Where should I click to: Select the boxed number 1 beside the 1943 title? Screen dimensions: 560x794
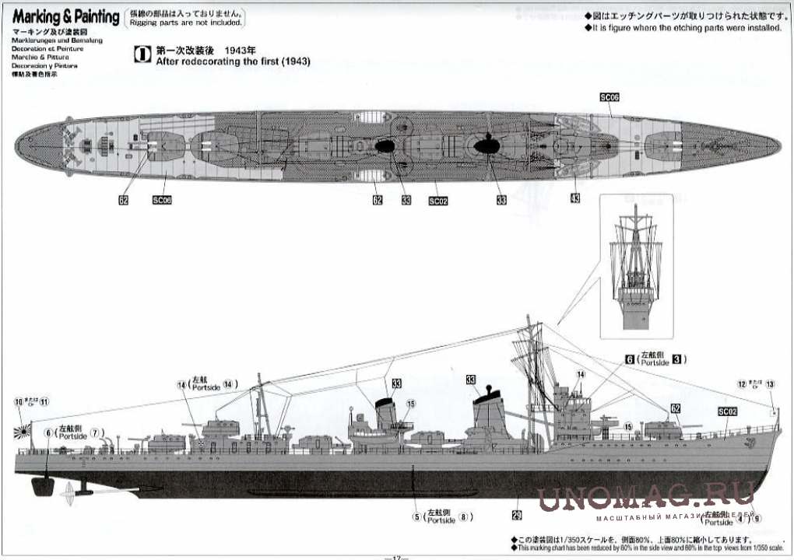click(143, 54)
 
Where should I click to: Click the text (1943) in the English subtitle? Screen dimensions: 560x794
click(293, 61)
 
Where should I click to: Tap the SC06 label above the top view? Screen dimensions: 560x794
click(609, 97)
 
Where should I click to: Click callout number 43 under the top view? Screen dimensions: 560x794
click(574, 199)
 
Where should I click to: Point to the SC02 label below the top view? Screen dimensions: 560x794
click(437, 201)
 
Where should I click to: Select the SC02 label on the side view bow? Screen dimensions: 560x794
click(727, 411)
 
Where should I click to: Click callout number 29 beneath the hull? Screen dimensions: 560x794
click(517, 514)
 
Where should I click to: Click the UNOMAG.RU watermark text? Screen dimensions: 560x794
click(646, 496)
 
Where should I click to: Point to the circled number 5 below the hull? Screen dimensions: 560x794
click(416, 516)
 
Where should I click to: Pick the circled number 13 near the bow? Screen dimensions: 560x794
click(770, 383)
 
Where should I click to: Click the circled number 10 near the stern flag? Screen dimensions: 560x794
click(19, 402)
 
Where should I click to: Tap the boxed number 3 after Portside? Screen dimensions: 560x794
click(677, 359)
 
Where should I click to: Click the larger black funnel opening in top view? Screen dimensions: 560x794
click(487, 145)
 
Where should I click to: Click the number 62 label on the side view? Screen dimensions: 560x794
click(675, 408)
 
